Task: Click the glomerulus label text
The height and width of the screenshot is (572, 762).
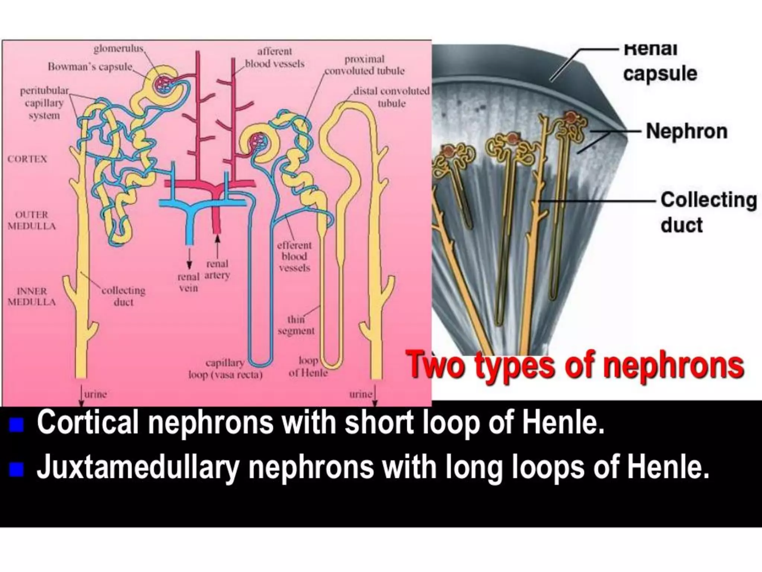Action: tap(118, 49)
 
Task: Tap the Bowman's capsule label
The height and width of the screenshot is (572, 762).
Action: tap(90, 67)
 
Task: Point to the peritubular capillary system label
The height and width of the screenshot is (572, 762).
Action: tap(44, 103)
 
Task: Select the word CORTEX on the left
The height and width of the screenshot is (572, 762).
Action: tap(27, 159)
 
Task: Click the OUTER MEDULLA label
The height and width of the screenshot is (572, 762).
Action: tap(32, 220)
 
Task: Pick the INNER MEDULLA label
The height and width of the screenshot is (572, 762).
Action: tap(32, 296)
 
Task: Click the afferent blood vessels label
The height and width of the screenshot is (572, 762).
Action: tap(275, 58)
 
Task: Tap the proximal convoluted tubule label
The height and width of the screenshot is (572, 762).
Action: tap(364, 65)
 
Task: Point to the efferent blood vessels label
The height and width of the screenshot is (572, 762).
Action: tap(294, 257)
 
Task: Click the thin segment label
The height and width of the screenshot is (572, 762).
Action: tap(296, 325)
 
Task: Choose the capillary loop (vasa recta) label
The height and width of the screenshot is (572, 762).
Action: tap(225, 369)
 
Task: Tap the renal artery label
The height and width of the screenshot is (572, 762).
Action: tap(217, 270)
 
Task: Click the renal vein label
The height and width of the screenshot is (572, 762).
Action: tap(188, 282)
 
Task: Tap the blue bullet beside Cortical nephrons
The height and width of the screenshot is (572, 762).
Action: tap(16, 425)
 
